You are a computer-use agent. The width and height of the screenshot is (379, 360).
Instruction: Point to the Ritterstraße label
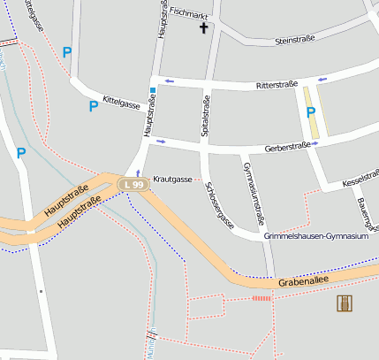point(275,86)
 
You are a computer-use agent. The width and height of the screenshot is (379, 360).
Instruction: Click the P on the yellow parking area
point(310,112)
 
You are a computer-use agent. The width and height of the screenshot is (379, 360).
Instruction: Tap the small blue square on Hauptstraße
point(153,90)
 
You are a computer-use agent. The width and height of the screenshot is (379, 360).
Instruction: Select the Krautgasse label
point(172,180)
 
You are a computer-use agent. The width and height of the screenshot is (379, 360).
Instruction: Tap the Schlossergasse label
point(219,205)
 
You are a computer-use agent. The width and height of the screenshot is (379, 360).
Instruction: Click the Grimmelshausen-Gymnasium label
point(315,237)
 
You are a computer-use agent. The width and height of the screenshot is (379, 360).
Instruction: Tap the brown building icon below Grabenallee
point(345,304)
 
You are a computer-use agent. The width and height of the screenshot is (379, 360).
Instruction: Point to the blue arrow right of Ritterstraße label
point(323,80)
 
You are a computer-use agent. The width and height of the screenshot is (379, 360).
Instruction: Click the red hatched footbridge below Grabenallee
point(262,298)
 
